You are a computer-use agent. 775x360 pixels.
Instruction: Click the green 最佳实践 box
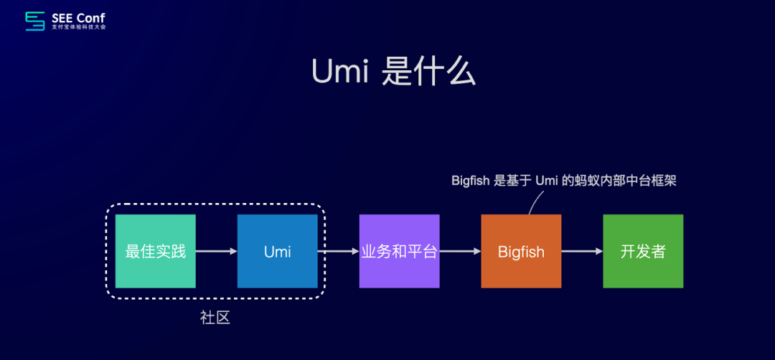(x=155, y=251)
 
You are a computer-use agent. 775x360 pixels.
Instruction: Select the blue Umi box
(x=277, y=251)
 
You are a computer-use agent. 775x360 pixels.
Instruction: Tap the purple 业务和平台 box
(x=399, y=251)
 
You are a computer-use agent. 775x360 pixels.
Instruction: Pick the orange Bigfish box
(x=521, y=251)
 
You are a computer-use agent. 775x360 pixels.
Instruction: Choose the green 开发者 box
(x=643, y=251)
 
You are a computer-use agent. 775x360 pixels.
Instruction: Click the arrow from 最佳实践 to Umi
(x=216, y=251)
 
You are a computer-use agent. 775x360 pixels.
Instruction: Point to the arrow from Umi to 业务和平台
(x=338, y=251)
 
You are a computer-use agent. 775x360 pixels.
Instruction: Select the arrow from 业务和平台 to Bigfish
(x=460, y=251)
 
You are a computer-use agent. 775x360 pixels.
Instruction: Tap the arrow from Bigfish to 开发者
(x=582, y=251)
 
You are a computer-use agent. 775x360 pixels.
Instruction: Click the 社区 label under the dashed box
(x=215, y=318)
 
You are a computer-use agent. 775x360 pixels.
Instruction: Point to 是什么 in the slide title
(x=428, y=72)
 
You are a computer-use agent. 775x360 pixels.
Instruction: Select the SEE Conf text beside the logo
(x=78, y=16)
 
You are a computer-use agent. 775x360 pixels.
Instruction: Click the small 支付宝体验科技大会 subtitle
(x=78, y=27)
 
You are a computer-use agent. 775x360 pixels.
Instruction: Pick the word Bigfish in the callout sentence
(x=470, y=181)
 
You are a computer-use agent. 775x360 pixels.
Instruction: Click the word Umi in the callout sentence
(x=548, y=181)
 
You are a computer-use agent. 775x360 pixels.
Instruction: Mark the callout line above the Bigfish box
(x=534, y=204)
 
